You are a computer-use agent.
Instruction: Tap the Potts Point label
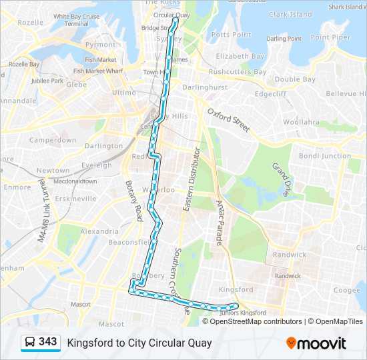(x=231, y=34)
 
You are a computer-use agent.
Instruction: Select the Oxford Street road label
(x=228, y=119)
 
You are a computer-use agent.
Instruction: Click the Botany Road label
(x=133, y=200)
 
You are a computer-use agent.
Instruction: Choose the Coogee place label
(x=346, y=290)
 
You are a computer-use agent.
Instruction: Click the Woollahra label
(x=301, y=122)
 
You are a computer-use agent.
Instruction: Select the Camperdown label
(x=52, y=141)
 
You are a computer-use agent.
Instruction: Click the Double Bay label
(x=295, y=79)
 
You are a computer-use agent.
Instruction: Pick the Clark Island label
(x=290, y=14)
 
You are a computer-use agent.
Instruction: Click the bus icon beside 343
(x=30, y=343)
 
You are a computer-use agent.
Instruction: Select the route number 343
(x=47, y=342)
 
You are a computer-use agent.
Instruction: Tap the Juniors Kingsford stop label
(x=238, y=313)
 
